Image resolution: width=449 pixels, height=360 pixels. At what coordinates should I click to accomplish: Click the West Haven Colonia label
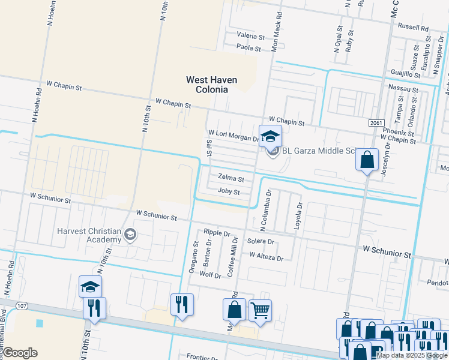[211, 85]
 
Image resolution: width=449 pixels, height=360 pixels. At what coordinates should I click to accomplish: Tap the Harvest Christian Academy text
[89, 236]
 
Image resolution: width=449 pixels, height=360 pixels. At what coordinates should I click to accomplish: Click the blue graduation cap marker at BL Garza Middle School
[270, 136]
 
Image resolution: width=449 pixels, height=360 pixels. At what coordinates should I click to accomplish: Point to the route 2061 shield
[376, 122]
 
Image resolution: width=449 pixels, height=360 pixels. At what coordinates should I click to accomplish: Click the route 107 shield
[22, 306]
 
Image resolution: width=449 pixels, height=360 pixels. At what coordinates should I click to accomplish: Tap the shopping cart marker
[260, 311]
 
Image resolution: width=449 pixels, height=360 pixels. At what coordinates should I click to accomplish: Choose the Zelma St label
[231, 179]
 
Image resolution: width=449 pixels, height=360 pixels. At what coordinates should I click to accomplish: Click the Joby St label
[229, 192]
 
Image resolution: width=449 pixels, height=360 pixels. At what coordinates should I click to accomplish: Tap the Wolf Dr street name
[210, 274]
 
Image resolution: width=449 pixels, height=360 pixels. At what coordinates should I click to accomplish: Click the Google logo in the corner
[20, 353]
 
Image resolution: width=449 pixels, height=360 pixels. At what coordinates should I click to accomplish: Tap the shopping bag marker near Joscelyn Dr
[366, 160]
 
